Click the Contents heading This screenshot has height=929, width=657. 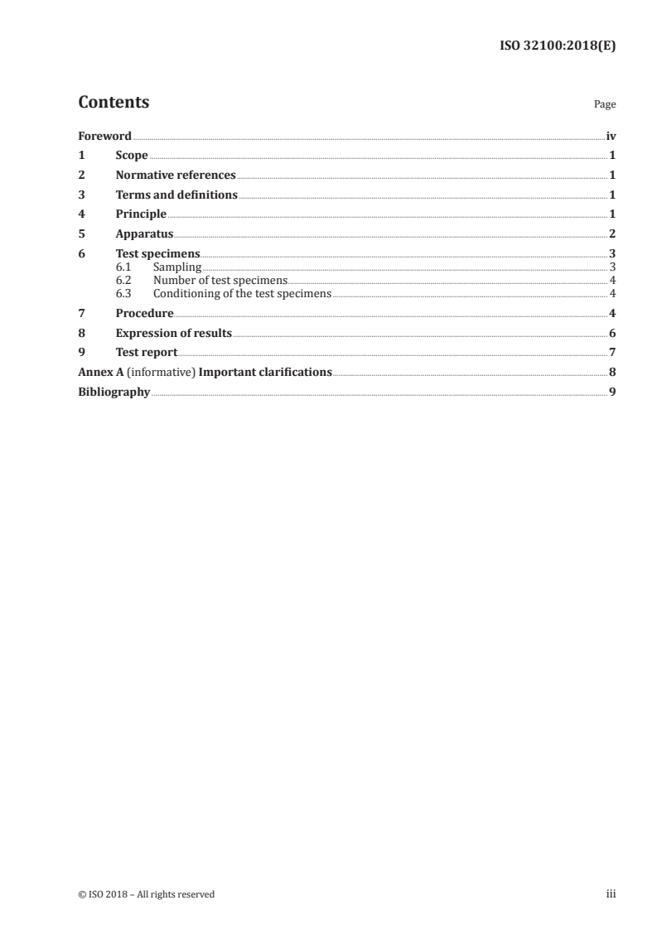pos(114,103)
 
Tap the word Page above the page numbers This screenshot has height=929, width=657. pos(605,105)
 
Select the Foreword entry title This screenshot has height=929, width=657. pos(104,136)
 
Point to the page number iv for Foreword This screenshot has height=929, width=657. pos(611,136)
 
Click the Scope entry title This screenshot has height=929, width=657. pos(132,156)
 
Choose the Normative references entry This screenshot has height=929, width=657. pos(176,176)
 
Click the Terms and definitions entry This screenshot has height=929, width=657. pos(176,195)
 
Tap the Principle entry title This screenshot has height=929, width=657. pos(141,215)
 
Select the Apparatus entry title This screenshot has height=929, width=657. pos(144,234)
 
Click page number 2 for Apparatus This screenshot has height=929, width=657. pos(612,234)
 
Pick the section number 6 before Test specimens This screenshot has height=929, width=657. pos(81,254)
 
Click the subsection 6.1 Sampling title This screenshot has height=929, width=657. pos(177,267)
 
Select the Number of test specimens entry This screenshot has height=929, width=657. pos(220,281)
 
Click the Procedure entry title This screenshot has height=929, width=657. pos(144,314)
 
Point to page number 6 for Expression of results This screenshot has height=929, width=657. pos(612,334)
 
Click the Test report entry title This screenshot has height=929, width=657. pos(146,353)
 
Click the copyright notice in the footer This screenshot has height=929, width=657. pos(146,894)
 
